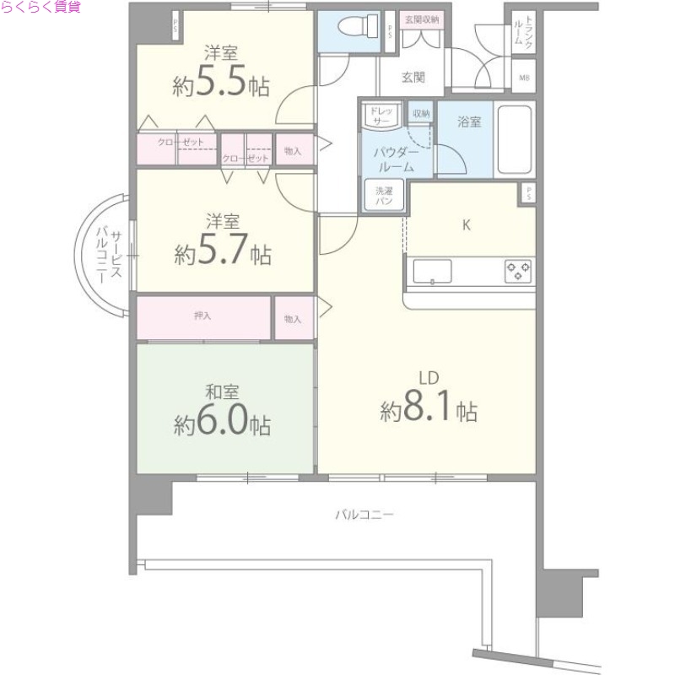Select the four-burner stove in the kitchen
(x=518, y=271)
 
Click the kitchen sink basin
(x=432, y=271)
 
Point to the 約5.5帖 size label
(x=221, y=84)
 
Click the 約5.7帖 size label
(x=223, y=252)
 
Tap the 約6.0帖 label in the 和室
(x=223, y=423)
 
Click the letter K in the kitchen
(x=465, y=225)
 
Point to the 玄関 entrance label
(x=413, y=78)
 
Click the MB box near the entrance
(x=524, y=78)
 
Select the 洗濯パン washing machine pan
(x=384, y=196)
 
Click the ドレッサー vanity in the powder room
(x=382, y=116)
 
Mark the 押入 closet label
(x=202, y=316)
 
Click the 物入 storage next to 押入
(x=293, y=319)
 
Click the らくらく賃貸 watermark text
(x=41, y=8)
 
